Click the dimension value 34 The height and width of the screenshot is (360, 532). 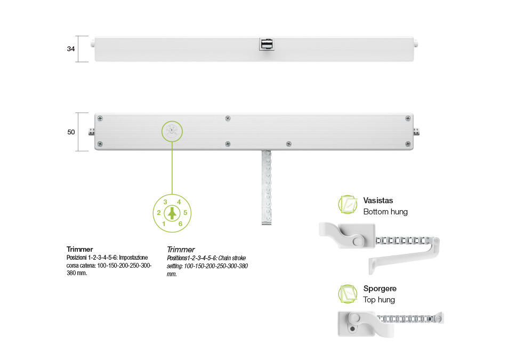pyautogui.click(x=70, y=49)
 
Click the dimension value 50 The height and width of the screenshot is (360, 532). pyautogui.click(x=71, y=132)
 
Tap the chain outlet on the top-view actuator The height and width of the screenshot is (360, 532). pyautogui.click(x=267, y=44)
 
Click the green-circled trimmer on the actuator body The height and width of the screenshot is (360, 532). pyautogui.click(x=172, y=131)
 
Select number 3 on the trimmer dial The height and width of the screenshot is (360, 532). pyautogui.click(x=165, y=202)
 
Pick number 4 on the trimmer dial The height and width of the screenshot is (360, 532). pyautogui.click(x=179, y=202)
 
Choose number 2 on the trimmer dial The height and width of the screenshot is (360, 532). pyautogui.click(x=158, y=213)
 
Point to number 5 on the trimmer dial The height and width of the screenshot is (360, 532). pyautogui.click(x=186, y=213)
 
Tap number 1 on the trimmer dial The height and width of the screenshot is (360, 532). pyautogui.click(x=164, y=224)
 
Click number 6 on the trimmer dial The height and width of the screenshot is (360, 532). pyautogui.click(x=180, y=224)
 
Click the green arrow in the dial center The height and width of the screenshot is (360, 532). pyautogui.click(x=172, y=213)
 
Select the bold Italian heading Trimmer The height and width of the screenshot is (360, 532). pyautogui.click(x=80, y=249)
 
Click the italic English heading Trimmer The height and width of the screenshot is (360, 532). pyautogui.click(x=181, y=250)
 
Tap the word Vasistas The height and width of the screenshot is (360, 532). pyautogui.click(x=378, y=201)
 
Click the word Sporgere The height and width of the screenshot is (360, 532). pyautogui.click(x=380, y=289)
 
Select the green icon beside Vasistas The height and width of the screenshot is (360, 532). pyautogui.click(x=348, y=205)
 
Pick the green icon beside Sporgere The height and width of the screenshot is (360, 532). pyautogui.click(x=348, y=294)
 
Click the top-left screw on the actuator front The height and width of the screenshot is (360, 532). pyautogui.click(x=100, y=118)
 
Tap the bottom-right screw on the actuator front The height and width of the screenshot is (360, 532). pyautogui.click(x=408, y=144)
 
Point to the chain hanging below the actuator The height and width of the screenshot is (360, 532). pyautogui.click(x=267, y=187)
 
